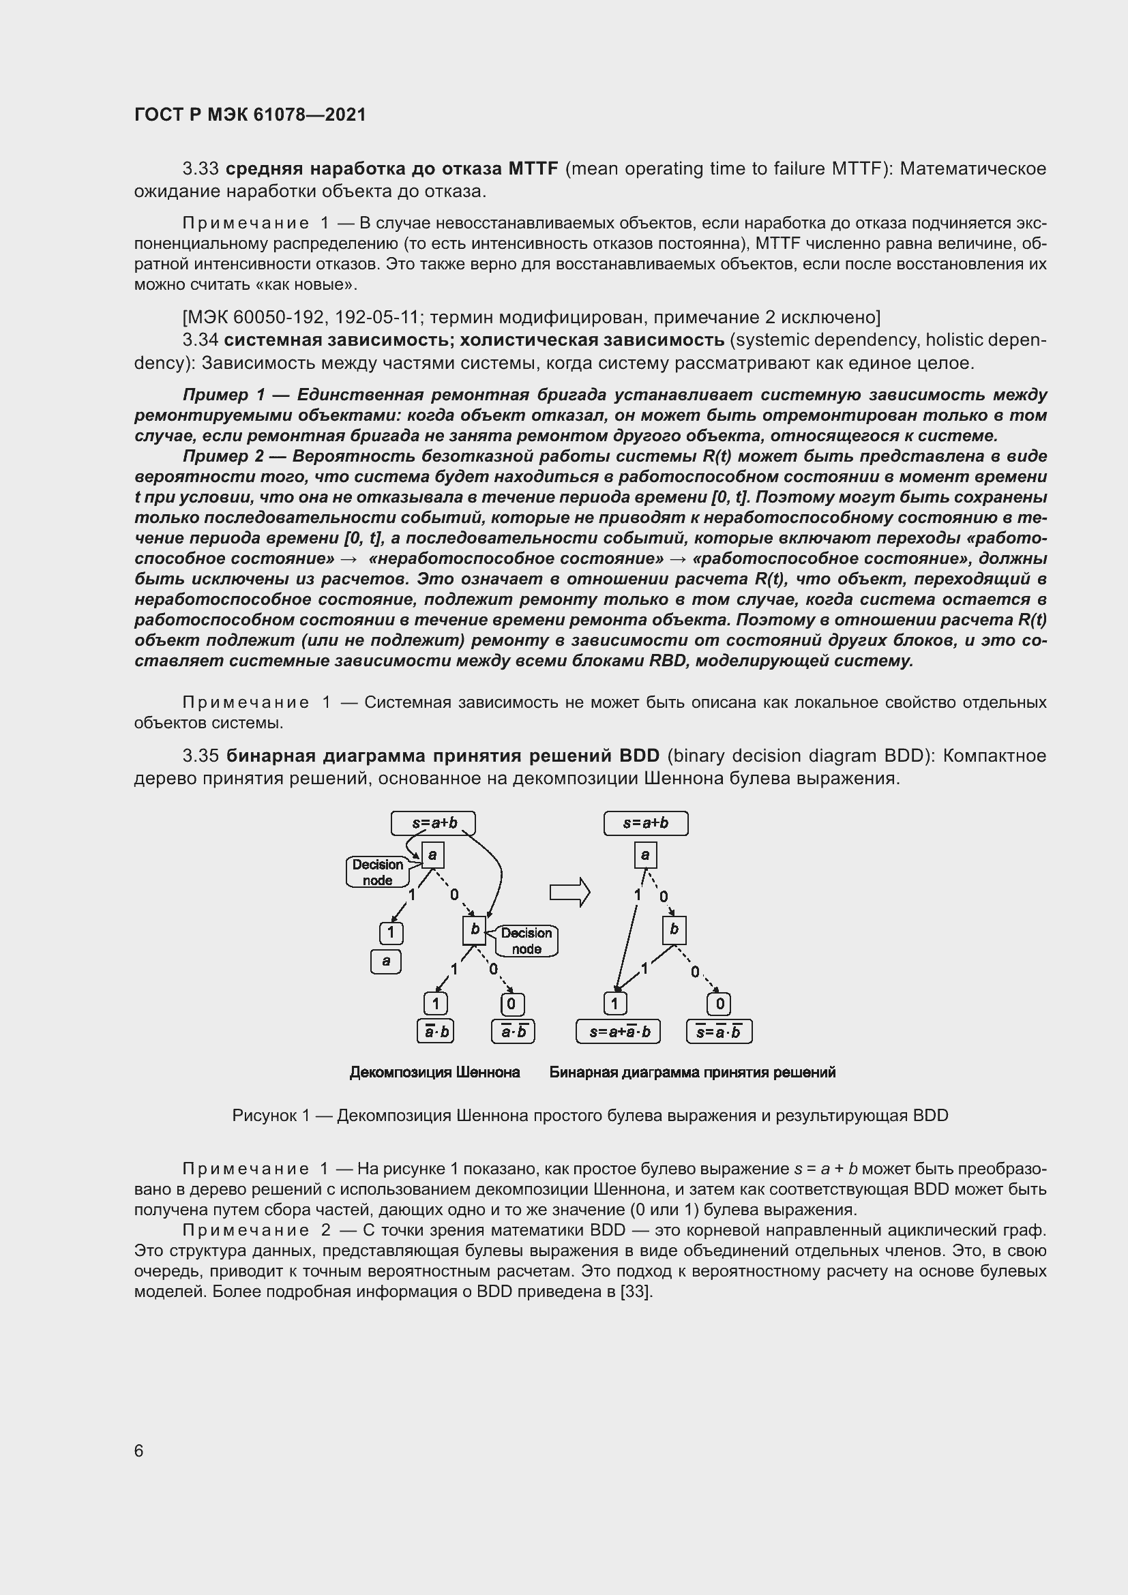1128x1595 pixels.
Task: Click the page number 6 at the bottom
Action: (139, 1450)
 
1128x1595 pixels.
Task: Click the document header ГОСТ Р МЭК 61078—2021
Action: (250, 115)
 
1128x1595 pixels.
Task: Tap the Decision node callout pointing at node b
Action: (526, 940)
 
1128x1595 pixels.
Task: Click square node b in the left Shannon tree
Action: (475, 930)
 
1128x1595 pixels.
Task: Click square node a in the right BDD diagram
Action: (645, 855)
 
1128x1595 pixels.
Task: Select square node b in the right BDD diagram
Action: (674, 930)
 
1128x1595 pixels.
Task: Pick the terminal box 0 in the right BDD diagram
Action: (719, 1004)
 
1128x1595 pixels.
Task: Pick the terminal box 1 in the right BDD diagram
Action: (614, 1003)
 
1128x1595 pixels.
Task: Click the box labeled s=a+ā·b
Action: (618, 1032)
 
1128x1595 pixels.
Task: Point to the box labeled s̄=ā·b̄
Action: (719, 1032)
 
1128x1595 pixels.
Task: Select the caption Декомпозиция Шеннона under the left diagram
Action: (435, 1072)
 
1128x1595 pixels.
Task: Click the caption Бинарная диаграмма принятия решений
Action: (692, 1072)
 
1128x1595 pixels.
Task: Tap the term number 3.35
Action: (201, 756)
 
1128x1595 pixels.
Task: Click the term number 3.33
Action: (201, 169)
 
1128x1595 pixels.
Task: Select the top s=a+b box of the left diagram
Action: (434, 823)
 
